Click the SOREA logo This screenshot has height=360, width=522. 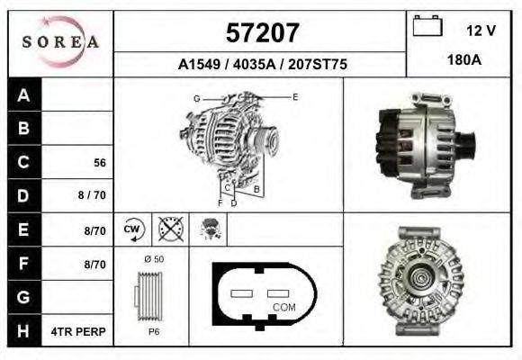pos(60,41)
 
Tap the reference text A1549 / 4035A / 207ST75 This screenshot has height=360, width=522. pos(263,65)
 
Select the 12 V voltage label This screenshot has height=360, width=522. pos(481,31)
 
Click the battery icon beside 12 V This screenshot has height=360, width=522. pos(426,28)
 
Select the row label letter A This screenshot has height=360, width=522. pos(24,95)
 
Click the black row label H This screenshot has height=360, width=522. pos(24,330)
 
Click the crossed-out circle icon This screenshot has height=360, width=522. pos(169,229)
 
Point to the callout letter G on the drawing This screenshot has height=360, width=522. pos(196,98)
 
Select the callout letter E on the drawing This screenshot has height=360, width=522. pos(294,95)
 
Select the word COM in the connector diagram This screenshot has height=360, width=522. pos(283,306)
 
